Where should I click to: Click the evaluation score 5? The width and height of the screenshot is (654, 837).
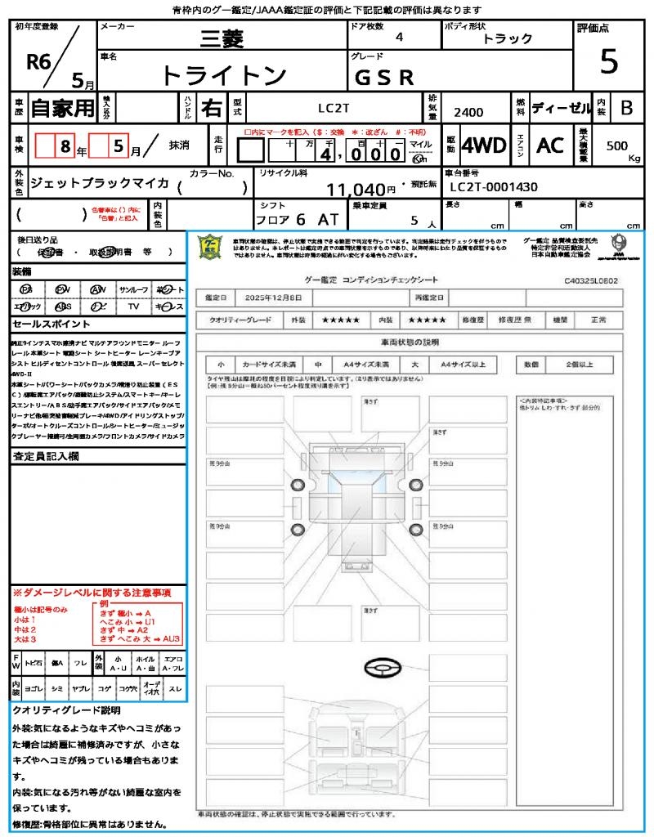point(608,61)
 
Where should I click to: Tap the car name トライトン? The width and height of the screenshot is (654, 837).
point(224,76)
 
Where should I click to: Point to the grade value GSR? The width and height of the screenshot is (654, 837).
point(384,78)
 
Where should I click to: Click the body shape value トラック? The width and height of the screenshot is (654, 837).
point(508,38)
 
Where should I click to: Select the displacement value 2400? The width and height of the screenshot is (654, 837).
point(468,112)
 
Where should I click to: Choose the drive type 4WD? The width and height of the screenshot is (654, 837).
point(484,145)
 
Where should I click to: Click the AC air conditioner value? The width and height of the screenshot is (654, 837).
point(550,145)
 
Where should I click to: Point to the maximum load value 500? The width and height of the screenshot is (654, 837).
point(617,145)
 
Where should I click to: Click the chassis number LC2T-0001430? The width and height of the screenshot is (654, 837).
point(494,187)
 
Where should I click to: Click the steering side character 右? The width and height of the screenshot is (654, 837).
point(213,107)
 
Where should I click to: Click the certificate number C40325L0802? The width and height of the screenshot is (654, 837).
point(590,280)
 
